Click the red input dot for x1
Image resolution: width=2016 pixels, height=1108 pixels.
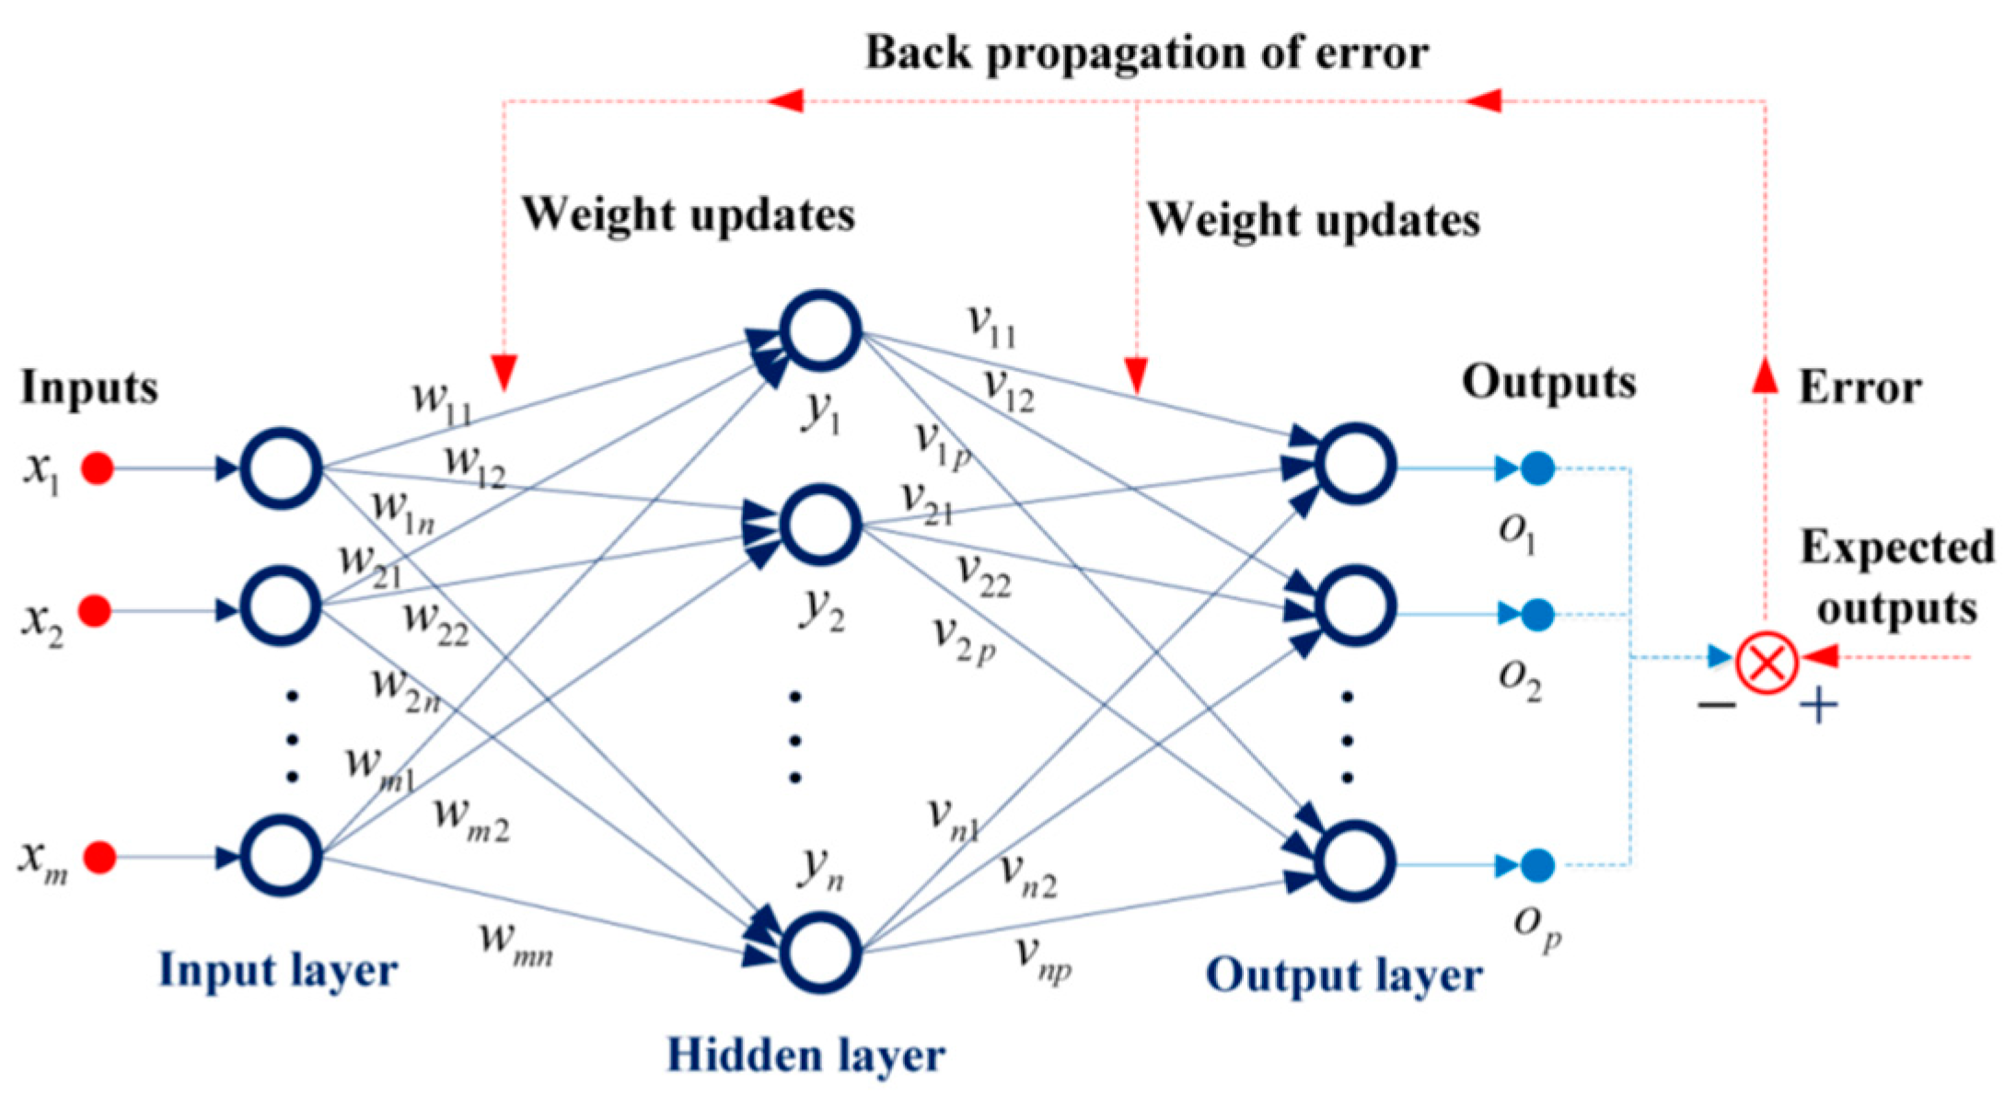[98, 468]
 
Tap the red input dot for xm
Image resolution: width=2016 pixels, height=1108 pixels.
[99, 858]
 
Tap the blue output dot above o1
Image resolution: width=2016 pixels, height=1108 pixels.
[1537, 468]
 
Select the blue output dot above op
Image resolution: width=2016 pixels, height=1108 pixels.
[1537, 865]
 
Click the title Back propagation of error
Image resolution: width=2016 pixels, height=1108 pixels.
[1146, 53]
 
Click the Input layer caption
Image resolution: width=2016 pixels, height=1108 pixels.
[278, 971]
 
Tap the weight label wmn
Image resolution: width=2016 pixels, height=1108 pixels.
[516, 943]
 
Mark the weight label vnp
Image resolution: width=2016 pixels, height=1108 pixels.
[1043, 957]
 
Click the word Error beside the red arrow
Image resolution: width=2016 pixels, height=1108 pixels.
[1860, 387]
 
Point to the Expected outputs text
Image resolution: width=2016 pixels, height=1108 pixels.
[1896, 578]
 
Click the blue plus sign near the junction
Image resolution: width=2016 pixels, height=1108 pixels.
[1819, 707]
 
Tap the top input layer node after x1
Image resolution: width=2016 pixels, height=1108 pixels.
[281, 468]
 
